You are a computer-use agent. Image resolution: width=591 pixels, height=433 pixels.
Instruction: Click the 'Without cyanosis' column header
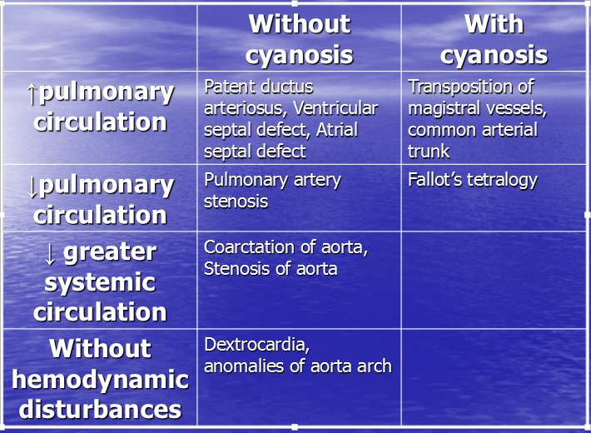pyautogui.click(x=300, y=39)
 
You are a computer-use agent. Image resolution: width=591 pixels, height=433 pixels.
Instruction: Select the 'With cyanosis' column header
pyautogui.click(x=494, y=39)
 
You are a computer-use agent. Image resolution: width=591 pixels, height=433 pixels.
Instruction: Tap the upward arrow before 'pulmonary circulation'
pyautogui.click(x=32, y=93)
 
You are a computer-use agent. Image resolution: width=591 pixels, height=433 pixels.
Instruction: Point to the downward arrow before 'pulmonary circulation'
pyautogui.click(x=32, y=187)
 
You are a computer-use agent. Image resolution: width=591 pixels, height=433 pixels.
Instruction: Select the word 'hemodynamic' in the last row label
pyautogui.click(x=100, y=381)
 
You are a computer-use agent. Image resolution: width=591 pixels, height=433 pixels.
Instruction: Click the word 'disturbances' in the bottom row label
pyautogui.click(x=100, y=410)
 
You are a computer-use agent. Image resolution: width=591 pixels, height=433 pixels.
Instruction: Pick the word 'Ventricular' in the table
pyautogui.click(x=335, y=108)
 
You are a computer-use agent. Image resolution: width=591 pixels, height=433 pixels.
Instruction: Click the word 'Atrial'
pyautogui.click(x=337, y=130)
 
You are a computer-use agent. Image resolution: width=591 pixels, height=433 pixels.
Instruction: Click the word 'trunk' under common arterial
pyautogui.click(x=429, y=152)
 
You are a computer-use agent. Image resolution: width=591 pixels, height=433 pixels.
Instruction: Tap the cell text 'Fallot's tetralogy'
pyautogui.click(x=473, y=181)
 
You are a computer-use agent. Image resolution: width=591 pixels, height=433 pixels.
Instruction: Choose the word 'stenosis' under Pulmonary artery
pyautogui.click(x=236, y=202)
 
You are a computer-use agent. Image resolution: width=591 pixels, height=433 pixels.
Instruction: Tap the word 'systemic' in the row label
pyautogui.click(x=100, y=283)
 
